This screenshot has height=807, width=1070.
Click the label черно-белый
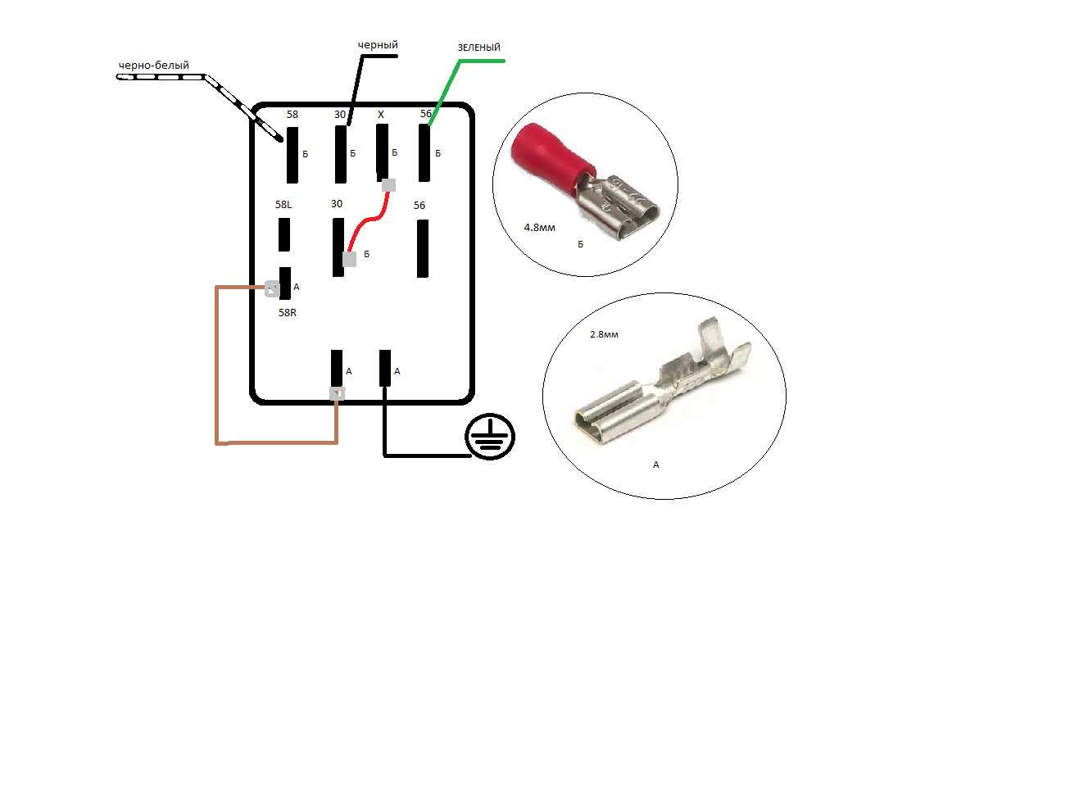[153, 66]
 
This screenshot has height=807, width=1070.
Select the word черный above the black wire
[378, 45]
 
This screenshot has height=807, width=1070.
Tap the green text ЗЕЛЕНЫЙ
[478, 48]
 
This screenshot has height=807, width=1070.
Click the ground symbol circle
[489, 437]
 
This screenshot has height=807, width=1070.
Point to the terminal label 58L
[283, 205]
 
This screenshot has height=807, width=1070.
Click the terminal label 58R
[287, 313]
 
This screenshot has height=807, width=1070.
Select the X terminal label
[381, 115]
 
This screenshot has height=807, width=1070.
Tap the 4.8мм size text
[539, 228]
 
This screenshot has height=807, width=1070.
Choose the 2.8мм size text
[604, 334]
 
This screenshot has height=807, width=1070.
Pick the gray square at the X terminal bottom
[388, 185]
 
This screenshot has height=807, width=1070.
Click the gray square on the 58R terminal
[271, 288]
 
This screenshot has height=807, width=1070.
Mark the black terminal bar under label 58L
[284, 235]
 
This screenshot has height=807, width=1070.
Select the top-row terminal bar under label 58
[292, 156]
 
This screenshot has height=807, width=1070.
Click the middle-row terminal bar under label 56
[423, 248]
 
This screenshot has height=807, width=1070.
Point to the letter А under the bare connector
[655, 465]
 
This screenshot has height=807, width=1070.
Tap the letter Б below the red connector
[580, 245]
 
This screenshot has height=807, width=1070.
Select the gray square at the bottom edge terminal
[338, 394]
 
